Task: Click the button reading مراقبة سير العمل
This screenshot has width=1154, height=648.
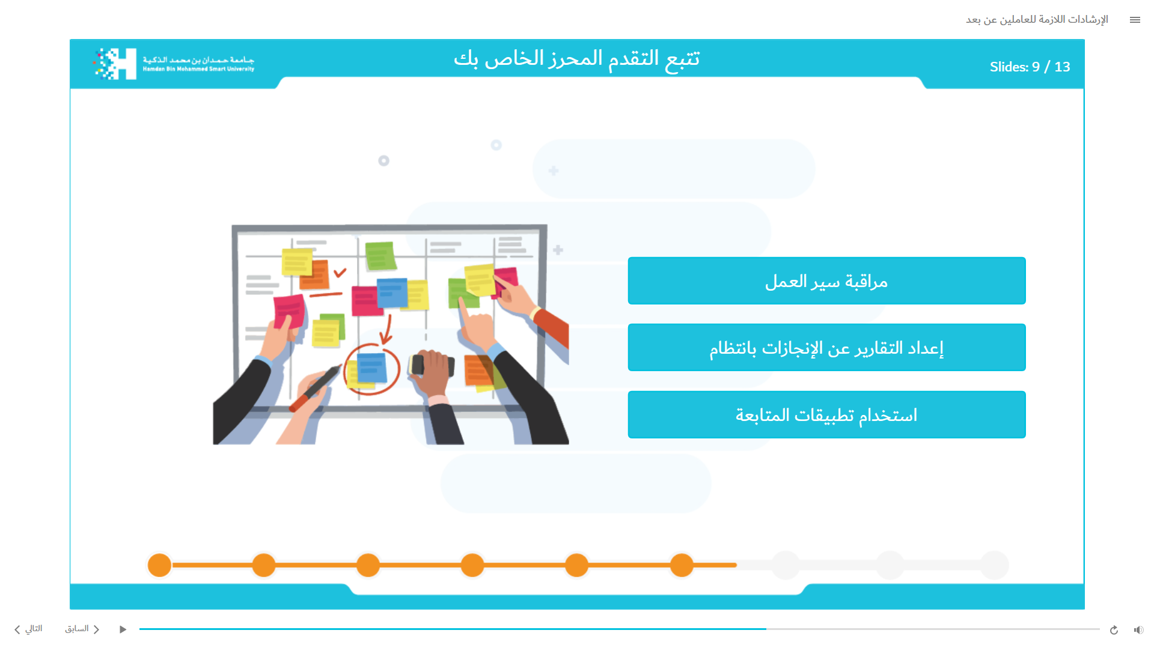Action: pyautogui.click(x=826, y=281)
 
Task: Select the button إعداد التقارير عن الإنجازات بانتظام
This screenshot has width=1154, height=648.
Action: pyautogui.click(x=826, y=348)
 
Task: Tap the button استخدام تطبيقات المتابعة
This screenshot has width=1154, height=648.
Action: pyautogui.click(x=826, y=415)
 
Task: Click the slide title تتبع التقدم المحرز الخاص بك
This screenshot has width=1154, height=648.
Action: pyautogui.click(x=577, y=58)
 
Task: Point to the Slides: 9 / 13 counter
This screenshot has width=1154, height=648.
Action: pyautogui.click(x=1030, y=67)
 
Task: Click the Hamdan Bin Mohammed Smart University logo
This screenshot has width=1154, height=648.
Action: pyautogui.click(x=174, y=64)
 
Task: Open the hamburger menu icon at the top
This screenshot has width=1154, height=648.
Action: pyautogui.click(x=1135, y=20)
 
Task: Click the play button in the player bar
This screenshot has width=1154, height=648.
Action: pyautogui.click(x=123, y=629)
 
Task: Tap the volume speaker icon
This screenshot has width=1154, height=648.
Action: pyautogui.click(x=1138, y=630)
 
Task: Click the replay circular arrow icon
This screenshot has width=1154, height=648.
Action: pyautogui.click(x=1114, y=630)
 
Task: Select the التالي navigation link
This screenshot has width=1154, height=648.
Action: pyautogui.click(x=28, y=629)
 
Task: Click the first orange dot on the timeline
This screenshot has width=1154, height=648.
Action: pyautogui.click(x=159, y=565)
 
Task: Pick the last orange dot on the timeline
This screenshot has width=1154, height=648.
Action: pyautogui.click(x=682, y=565)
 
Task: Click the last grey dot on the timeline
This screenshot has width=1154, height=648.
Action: pyautogui.click(x=994, y=565)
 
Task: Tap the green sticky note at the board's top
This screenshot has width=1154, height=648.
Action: pyautogui.click(x=380, y=256)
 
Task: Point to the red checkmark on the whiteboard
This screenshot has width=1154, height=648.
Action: pyautogui.click(x=340, y=272)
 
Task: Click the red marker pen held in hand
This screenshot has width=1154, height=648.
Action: pyautogui.click(x=315, y=388)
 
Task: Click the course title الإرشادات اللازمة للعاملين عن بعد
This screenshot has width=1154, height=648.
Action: pyautogui.click(x=1037, y=20)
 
